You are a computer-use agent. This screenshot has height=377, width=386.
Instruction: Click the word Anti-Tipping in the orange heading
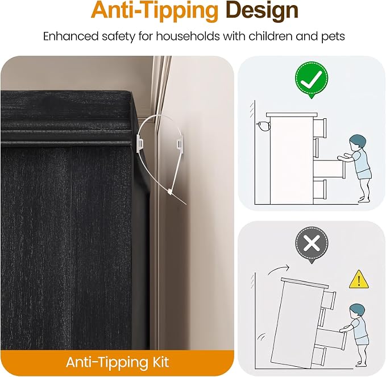[155, 11]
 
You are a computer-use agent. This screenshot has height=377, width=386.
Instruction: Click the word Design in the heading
[262, 10]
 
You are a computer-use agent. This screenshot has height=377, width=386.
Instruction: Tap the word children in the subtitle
[270, 36]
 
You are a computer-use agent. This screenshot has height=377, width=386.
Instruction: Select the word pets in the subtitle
[333, 37]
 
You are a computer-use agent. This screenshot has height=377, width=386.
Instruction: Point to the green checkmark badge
[312, 78]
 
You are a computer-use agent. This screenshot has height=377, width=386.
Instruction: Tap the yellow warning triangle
[359, 280]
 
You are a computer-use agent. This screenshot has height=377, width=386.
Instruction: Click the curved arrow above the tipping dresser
[277, 270]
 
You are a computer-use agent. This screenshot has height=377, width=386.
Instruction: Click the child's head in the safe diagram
[358, 143]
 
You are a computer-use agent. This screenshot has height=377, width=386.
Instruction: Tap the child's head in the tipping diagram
[357, 312]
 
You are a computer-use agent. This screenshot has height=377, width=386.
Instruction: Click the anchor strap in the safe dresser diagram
[263, 126]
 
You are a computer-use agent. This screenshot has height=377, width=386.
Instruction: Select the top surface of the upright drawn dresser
[291, 114]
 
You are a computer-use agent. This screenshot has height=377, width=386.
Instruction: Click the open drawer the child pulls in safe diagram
[330, 169]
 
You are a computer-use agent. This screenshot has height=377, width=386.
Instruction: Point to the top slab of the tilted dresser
[305, 283]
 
